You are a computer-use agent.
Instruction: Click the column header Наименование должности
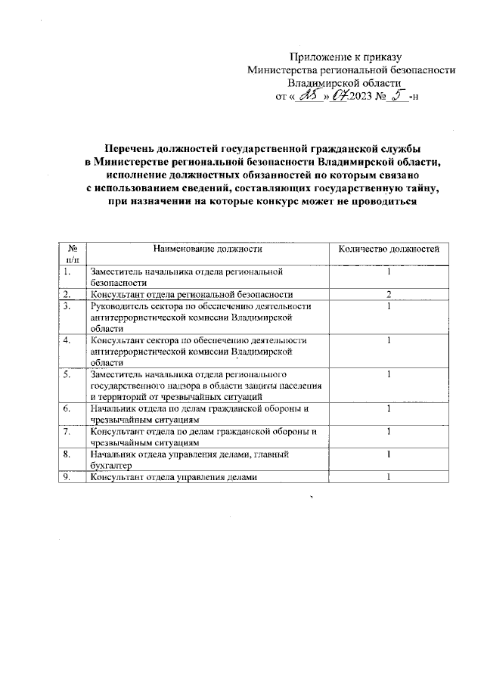pyautogui.click(x=207, y=248)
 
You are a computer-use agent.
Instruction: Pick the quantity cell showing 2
pyautogui.click(x=388, y=294)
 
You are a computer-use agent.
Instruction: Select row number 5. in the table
pyautogui.click(x=67, y=374)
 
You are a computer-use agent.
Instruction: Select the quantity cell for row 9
pyautogui.click(x=388, y=477)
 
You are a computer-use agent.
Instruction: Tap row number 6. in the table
pyautogui.click(x=67, y=409)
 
